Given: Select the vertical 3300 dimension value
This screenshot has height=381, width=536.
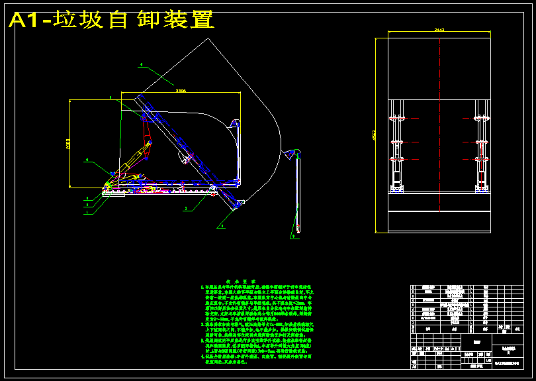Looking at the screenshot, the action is (67, 144).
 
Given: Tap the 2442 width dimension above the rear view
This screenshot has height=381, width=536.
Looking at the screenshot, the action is (439, 30).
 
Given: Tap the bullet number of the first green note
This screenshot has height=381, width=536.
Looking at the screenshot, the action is (202, 287).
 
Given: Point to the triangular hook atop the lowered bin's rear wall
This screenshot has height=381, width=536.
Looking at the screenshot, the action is (234, 123).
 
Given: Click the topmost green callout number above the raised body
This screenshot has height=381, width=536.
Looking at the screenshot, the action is (141, 64).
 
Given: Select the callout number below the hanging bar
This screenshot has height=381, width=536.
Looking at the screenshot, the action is (292, 236).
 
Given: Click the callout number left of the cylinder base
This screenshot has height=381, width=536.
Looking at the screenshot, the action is (87, 160).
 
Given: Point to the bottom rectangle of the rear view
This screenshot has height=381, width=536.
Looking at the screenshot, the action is (439, 221).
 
